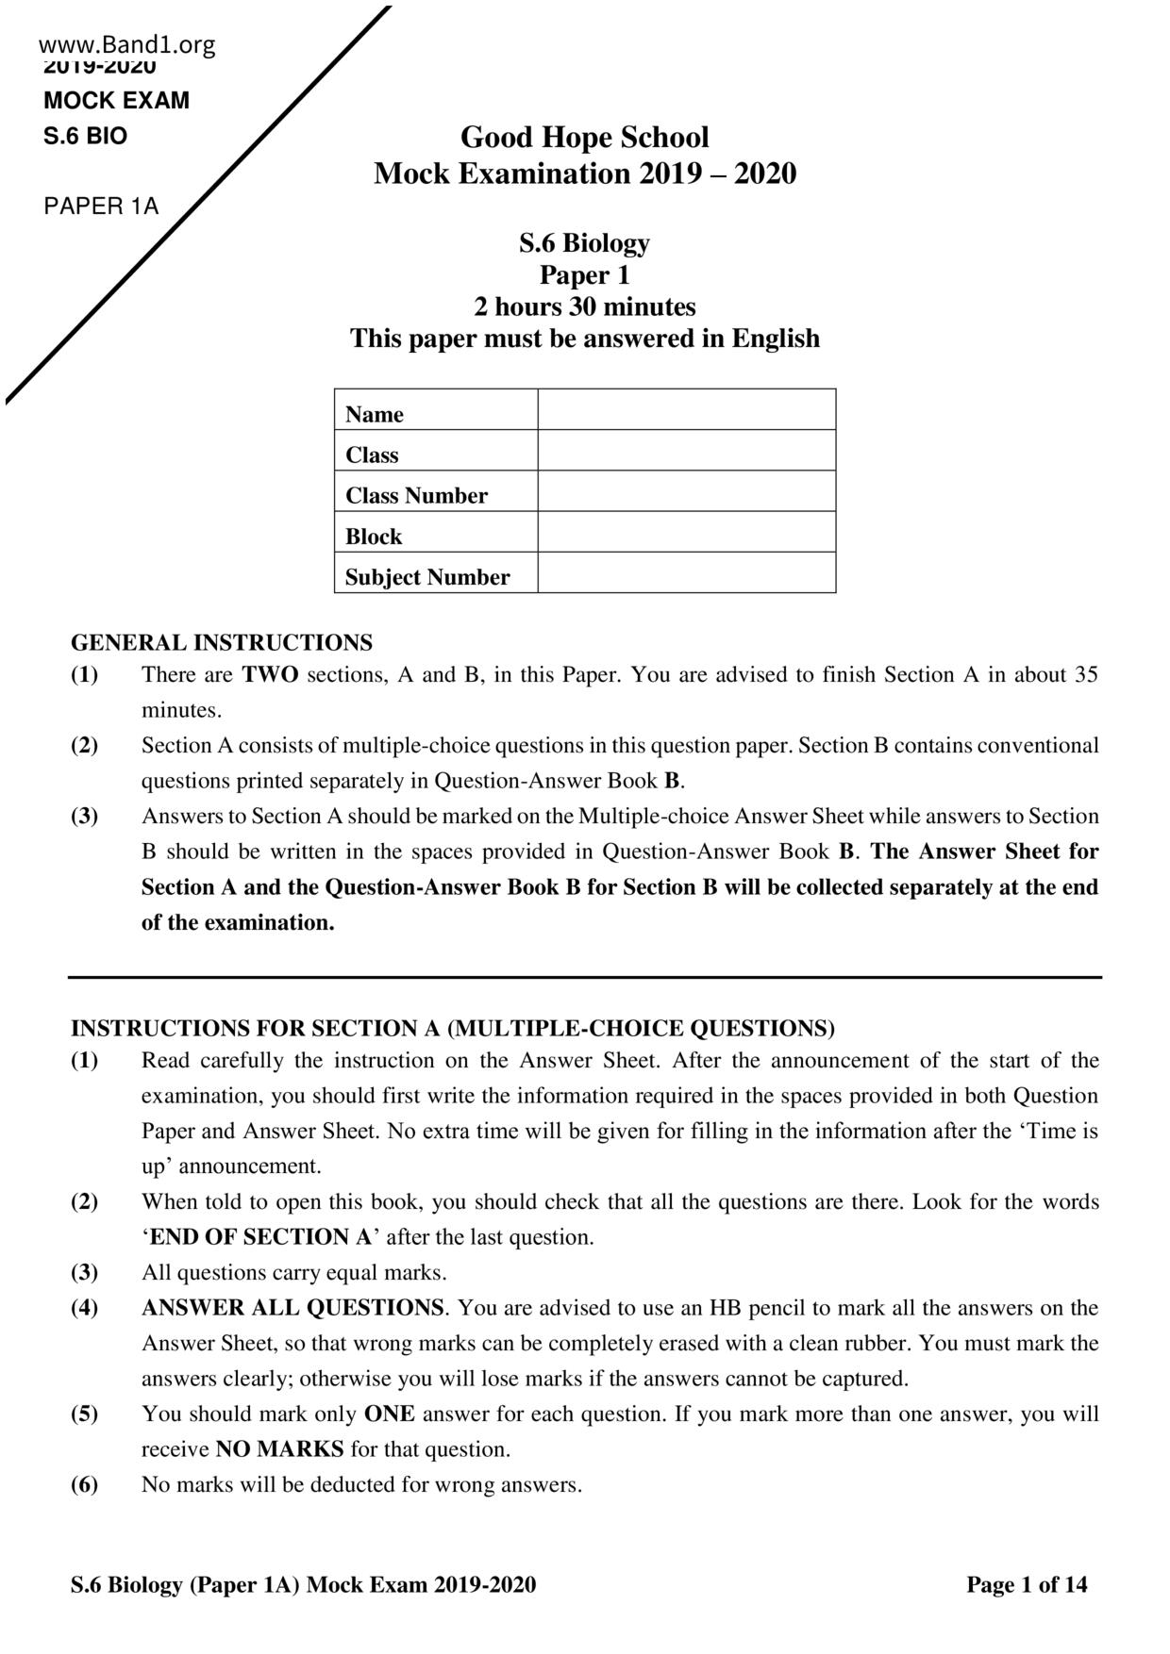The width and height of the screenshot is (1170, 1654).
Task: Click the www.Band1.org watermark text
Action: (127, 44)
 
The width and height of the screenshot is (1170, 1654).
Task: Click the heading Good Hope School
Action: (584, 138)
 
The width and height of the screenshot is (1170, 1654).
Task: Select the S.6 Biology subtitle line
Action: (584, 243)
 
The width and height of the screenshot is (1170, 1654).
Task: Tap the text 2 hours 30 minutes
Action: (584, 306)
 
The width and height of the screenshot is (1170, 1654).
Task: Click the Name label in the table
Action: (374, 414)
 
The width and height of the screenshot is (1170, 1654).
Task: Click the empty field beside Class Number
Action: (686, 491)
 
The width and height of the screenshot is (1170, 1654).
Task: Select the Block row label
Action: (373, 537)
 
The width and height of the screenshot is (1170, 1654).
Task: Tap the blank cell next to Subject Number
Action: (686, 572)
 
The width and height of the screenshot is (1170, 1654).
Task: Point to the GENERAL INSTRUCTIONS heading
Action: (222, 643)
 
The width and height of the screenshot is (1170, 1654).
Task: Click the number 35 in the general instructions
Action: (1086, 675)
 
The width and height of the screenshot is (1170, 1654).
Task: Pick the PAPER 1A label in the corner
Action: (101, 207)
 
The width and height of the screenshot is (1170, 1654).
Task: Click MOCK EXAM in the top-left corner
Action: (116, 101)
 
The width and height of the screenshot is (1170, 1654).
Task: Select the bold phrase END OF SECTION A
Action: (260, 1237)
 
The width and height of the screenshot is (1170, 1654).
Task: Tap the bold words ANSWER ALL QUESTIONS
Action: (292, 1308)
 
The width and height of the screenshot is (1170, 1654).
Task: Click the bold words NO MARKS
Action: (279, 1449)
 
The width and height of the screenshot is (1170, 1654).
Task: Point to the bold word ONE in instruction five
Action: (389, 1414)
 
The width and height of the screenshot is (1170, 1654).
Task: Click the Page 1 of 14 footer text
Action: (1027, 1585)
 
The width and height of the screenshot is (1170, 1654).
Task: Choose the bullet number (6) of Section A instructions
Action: (85, 1485)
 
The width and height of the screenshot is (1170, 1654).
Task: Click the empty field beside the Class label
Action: (686, 451)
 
